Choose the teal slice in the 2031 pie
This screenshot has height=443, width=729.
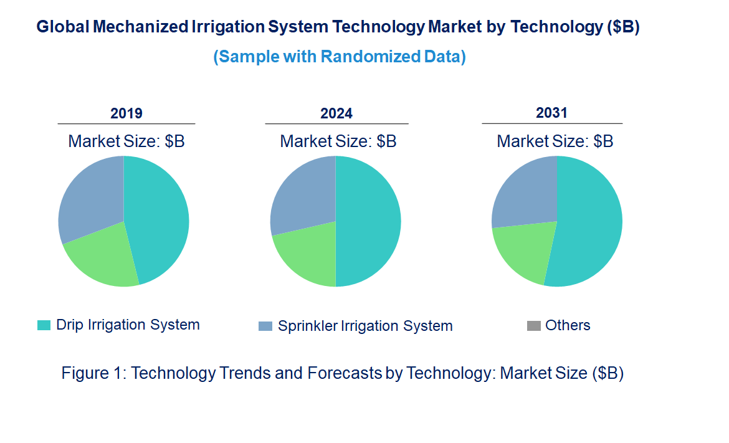tap(589, 224)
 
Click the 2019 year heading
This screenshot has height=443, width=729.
tap(126, 113)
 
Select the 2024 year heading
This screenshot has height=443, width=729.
tap(336, 113)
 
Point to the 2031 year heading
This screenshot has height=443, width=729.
tap(551, 113)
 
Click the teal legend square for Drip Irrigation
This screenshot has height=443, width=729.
tap(44, 325)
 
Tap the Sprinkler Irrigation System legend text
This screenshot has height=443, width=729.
tap(364, 326)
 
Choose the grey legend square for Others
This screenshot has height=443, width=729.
tap(533, 326)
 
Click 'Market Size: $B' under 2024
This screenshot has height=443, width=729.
tap(338, 141)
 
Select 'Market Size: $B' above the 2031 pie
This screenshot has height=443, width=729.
tap(555, 141)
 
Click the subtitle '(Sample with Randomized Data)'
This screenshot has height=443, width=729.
tap(340, 57)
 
